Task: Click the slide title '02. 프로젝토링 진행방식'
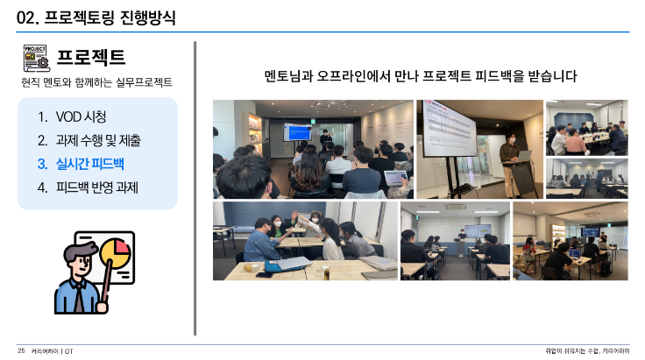click(x=96, y=18)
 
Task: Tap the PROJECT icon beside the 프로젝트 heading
click(x=36, y=58)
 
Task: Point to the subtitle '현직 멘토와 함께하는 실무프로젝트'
click(x=96, y=82)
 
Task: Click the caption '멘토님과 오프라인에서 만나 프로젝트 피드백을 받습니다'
click(x=421, y=76)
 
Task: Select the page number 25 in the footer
click(x=21, y=350)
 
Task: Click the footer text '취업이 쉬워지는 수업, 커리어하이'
click(x=587, y=351)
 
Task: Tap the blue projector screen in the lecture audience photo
click(x=297, y=132)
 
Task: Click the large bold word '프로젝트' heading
click(x=91, y=57)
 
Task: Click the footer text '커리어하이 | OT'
click(x=53, y=351)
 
